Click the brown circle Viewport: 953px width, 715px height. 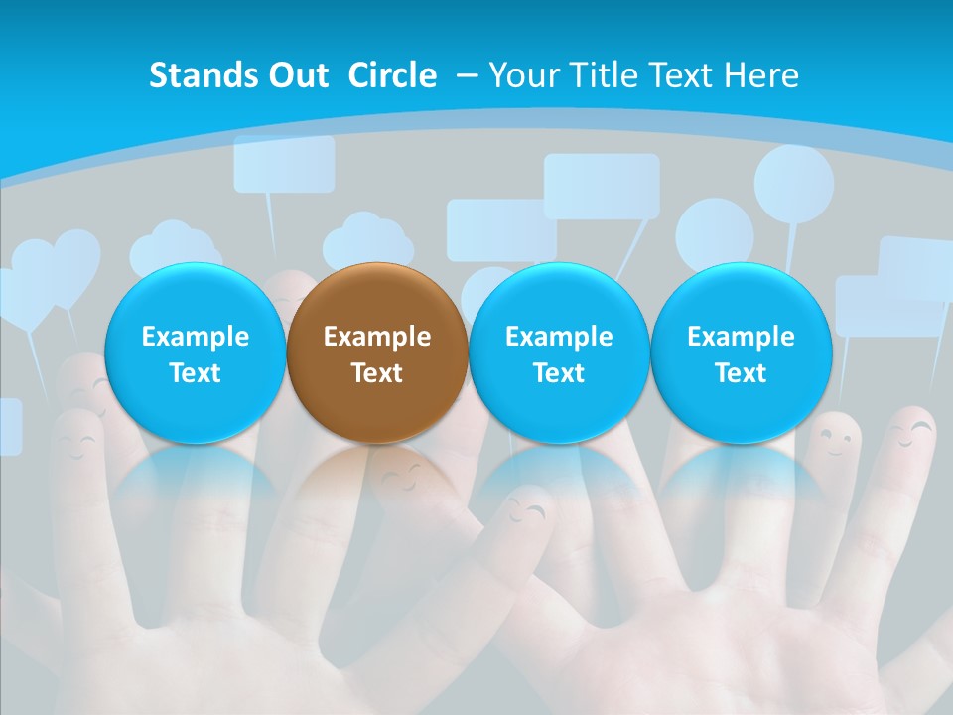(x=377, y=353)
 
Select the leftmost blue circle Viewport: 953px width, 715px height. (x=196, y=353)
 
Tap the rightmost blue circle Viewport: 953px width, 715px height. (x=741, y=353)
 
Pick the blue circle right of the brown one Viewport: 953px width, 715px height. (x=559, y=353)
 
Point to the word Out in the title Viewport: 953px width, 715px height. (x=299, y=75)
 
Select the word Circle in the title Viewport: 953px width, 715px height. (x=392, y=75)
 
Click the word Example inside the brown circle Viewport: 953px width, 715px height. (x=377, y=337)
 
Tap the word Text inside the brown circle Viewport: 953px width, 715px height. (x=377, y=373)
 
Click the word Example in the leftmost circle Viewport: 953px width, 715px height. (x=196, y=337)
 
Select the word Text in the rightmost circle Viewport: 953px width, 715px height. (x=741, y=373)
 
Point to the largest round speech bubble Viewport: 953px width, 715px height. (x=793, y=184)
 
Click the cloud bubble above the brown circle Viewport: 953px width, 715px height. (x=368, y=240)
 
